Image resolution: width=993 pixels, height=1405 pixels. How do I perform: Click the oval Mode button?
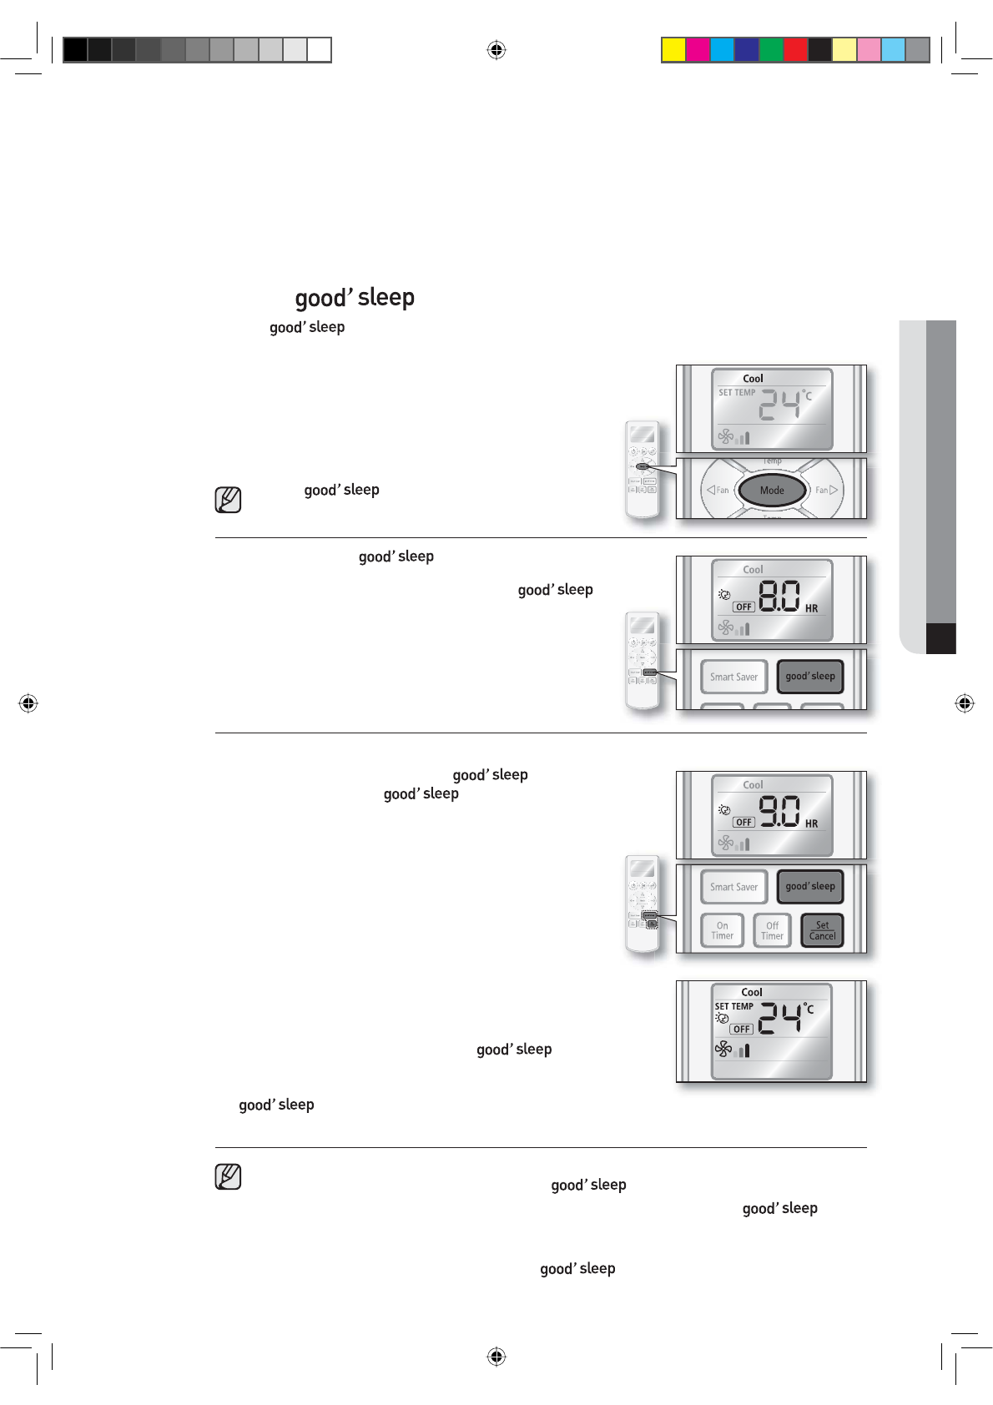772,490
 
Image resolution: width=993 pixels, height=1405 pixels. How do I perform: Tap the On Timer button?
722,930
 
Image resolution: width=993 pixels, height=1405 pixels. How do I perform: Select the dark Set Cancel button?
822,930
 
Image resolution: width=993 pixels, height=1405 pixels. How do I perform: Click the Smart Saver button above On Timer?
733,887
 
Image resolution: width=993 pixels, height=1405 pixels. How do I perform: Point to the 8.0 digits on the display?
779,597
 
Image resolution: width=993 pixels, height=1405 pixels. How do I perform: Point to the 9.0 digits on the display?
779,810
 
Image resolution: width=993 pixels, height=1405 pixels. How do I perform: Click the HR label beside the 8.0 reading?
811,609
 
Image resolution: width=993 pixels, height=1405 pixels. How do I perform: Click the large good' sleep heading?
355,298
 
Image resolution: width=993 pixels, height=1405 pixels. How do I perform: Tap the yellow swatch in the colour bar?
673,50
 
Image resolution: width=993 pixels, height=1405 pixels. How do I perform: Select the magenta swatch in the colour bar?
698,50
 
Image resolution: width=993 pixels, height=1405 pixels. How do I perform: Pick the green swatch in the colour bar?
771,50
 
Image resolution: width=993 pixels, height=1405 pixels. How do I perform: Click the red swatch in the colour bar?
795,50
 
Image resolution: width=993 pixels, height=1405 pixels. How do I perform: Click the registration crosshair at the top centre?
496,50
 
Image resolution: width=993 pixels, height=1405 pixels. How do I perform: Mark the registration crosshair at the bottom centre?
496,1357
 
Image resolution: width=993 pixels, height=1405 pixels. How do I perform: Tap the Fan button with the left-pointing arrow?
718,490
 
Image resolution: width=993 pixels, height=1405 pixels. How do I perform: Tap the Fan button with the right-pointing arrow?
826,490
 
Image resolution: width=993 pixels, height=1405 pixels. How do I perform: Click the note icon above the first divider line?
228,500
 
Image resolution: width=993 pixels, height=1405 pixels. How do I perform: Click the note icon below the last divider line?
228,1176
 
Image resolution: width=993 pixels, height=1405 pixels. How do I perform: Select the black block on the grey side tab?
940,638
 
